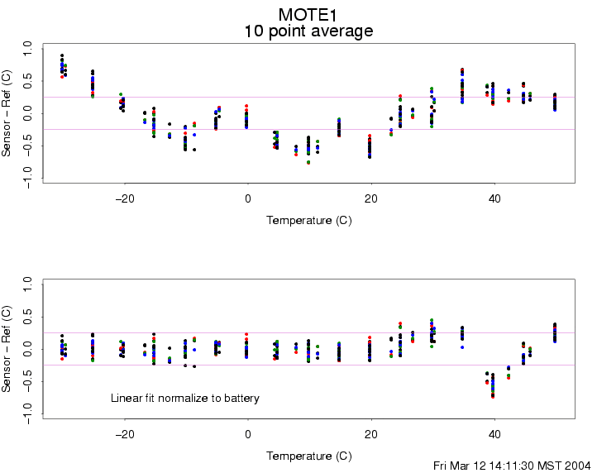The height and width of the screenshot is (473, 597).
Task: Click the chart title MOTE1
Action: click(308, 14)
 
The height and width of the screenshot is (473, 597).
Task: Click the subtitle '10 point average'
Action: click(308, 31)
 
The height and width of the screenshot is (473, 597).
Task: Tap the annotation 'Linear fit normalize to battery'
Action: click(185, 399)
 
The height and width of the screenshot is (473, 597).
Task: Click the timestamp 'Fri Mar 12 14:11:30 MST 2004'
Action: click(512, 466)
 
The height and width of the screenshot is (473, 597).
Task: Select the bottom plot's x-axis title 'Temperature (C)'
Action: click(308, 456)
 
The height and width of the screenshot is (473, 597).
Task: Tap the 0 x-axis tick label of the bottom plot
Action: click(247, 434)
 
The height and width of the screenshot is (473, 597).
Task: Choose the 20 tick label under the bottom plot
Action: click(370, 434)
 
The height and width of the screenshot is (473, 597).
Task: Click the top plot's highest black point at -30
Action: click(62, 55)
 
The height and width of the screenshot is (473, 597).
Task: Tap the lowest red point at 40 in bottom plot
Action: click(493, 397)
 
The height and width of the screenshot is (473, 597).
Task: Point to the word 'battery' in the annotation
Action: click(241, 399)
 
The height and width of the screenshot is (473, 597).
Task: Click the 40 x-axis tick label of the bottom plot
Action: click(494, 434)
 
